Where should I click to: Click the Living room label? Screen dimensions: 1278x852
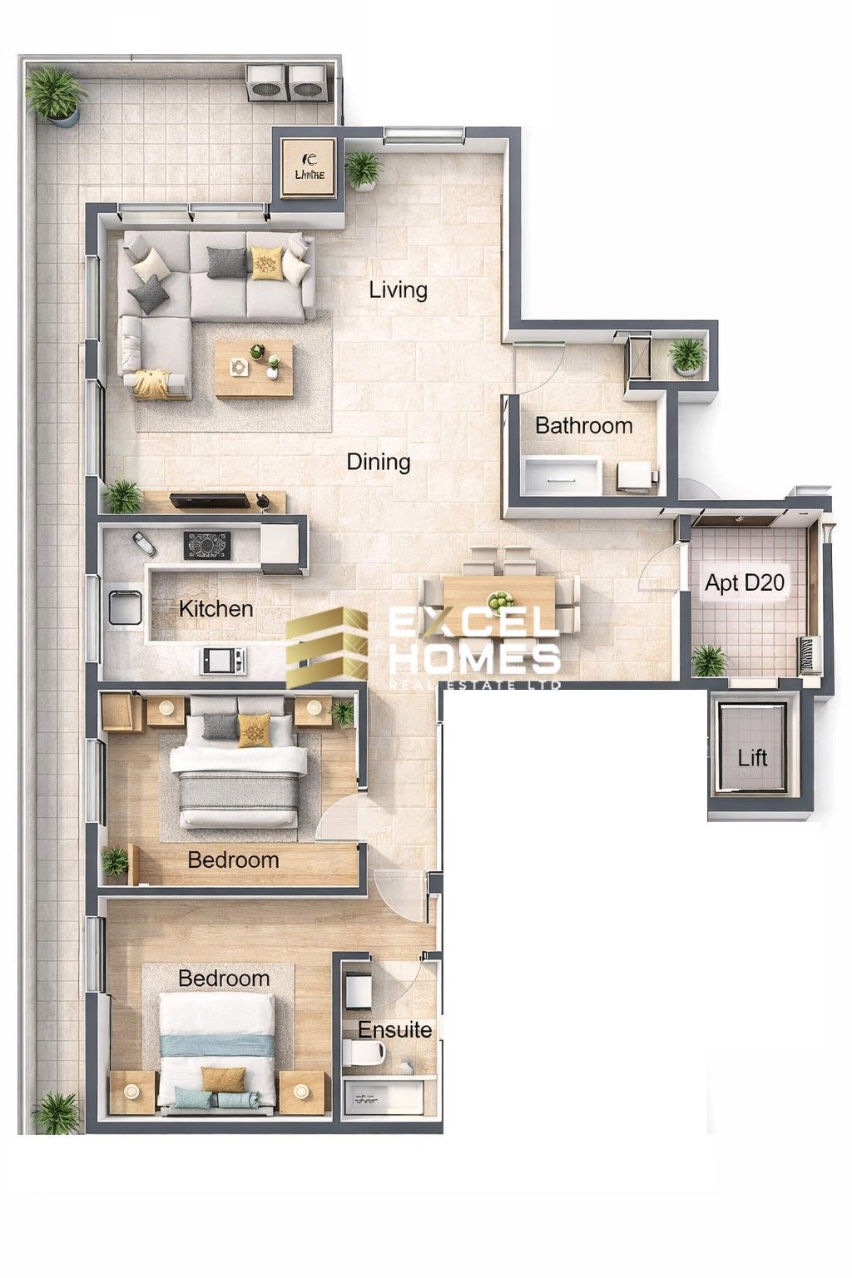(x=399, y=290)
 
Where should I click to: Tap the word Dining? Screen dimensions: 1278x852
(x=379, y=462)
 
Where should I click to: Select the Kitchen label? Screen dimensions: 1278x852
(x=215, y=609)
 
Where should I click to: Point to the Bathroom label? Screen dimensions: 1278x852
(x=583, y=426)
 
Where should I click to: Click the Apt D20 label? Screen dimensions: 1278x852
(x=745, y=583)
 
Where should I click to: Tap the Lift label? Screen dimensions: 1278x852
(x=752, y=758)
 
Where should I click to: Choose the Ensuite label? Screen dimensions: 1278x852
(x=395, y=1030)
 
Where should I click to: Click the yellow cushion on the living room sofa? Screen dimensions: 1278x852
(x=265, y=263)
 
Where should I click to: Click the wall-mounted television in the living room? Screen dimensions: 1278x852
(x=211, y=500)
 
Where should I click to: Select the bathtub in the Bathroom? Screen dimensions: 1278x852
(x=562, y=474)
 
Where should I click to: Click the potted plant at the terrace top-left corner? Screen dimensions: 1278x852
(x=56, y=94)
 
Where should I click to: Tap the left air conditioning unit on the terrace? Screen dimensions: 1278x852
(x=266, y=82)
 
